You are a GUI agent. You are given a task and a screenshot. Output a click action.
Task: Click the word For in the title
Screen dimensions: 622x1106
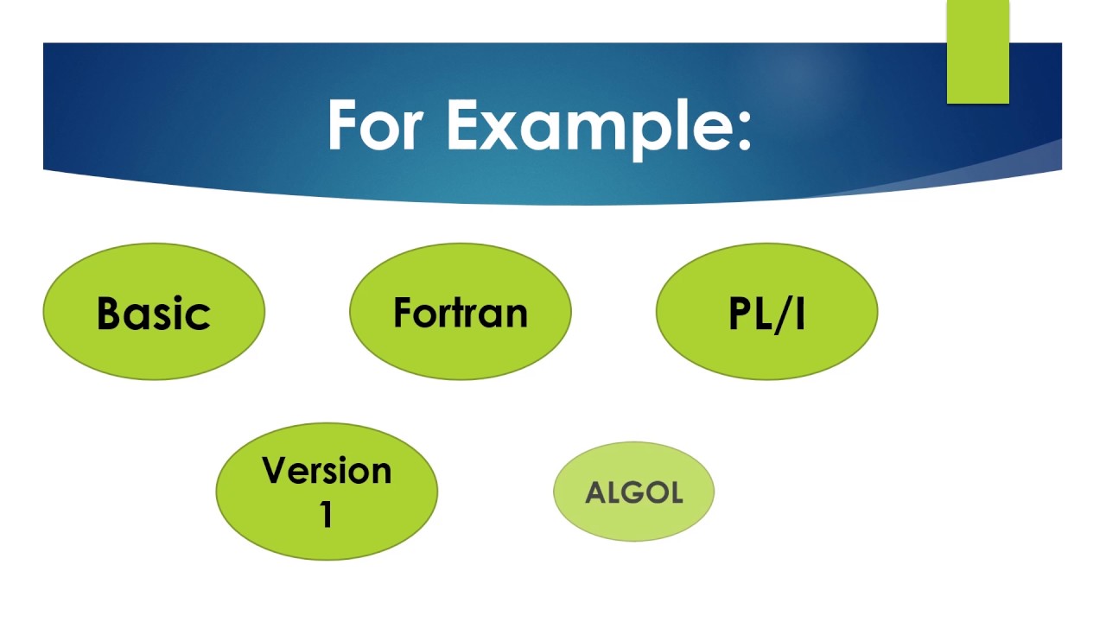[x=376, y=125]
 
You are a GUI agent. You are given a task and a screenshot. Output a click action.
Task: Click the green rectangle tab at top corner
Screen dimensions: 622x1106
[x=977, y=52]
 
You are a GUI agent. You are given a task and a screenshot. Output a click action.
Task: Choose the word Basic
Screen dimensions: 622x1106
[x=154, y=313]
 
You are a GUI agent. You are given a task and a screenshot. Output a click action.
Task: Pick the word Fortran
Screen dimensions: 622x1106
[x=460, y=312]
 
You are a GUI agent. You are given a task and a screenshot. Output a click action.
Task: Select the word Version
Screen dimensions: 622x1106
[x=327, y=471]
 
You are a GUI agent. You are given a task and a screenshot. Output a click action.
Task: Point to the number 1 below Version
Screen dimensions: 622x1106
[x=327, y=515]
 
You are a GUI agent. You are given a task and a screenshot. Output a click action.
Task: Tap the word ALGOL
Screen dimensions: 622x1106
[x=633, y=493]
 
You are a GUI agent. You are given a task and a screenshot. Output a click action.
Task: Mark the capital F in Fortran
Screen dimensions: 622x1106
[x=403, y=312]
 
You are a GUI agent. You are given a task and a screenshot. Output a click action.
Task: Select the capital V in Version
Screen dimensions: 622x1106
[x=275, y=471]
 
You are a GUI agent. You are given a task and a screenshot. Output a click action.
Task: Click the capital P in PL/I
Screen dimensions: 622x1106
[x=741, y=314]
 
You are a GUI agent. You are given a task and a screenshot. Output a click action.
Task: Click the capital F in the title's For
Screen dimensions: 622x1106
[x=344, y=125]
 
